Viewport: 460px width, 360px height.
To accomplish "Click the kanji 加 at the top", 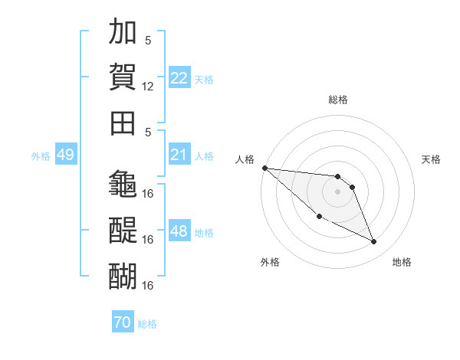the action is point(123,31).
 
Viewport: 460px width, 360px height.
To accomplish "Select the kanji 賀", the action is point(123,77).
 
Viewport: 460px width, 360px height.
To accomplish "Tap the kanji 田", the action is point(123,123).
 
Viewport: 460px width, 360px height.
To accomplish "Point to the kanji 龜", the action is point(123,184).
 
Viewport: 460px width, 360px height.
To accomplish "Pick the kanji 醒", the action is point(123,230).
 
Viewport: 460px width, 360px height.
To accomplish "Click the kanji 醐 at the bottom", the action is point(123,277).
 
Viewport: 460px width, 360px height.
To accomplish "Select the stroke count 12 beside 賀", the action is point(147,87).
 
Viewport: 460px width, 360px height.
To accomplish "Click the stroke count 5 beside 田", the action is point(148,133).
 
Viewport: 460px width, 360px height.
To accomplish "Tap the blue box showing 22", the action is point(179,77).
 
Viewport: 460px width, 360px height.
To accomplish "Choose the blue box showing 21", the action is point(179,154).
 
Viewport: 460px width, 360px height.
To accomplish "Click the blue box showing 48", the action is point(179,230).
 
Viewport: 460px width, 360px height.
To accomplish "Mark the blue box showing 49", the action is point(66,154).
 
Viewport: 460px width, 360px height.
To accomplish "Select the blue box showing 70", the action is point(123,321).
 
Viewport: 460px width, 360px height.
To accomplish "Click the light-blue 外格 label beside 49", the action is point(41,156).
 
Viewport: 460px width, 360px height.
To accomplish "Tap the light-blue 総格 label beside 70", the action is point(147,324).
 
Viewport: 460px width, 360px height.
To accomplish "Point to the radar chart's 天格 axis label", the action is point(431,159).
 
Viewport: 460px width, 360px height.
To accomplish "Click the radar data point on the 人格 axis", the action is point(265,168).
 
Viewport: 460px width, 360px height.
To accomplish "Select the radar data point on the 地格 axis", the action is point(374,241).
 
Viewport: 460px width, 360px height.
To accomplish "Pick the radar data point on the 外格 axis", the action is point(320,217).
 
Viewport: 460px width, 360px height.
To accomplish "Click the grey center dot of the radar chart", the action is point(337,192).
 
